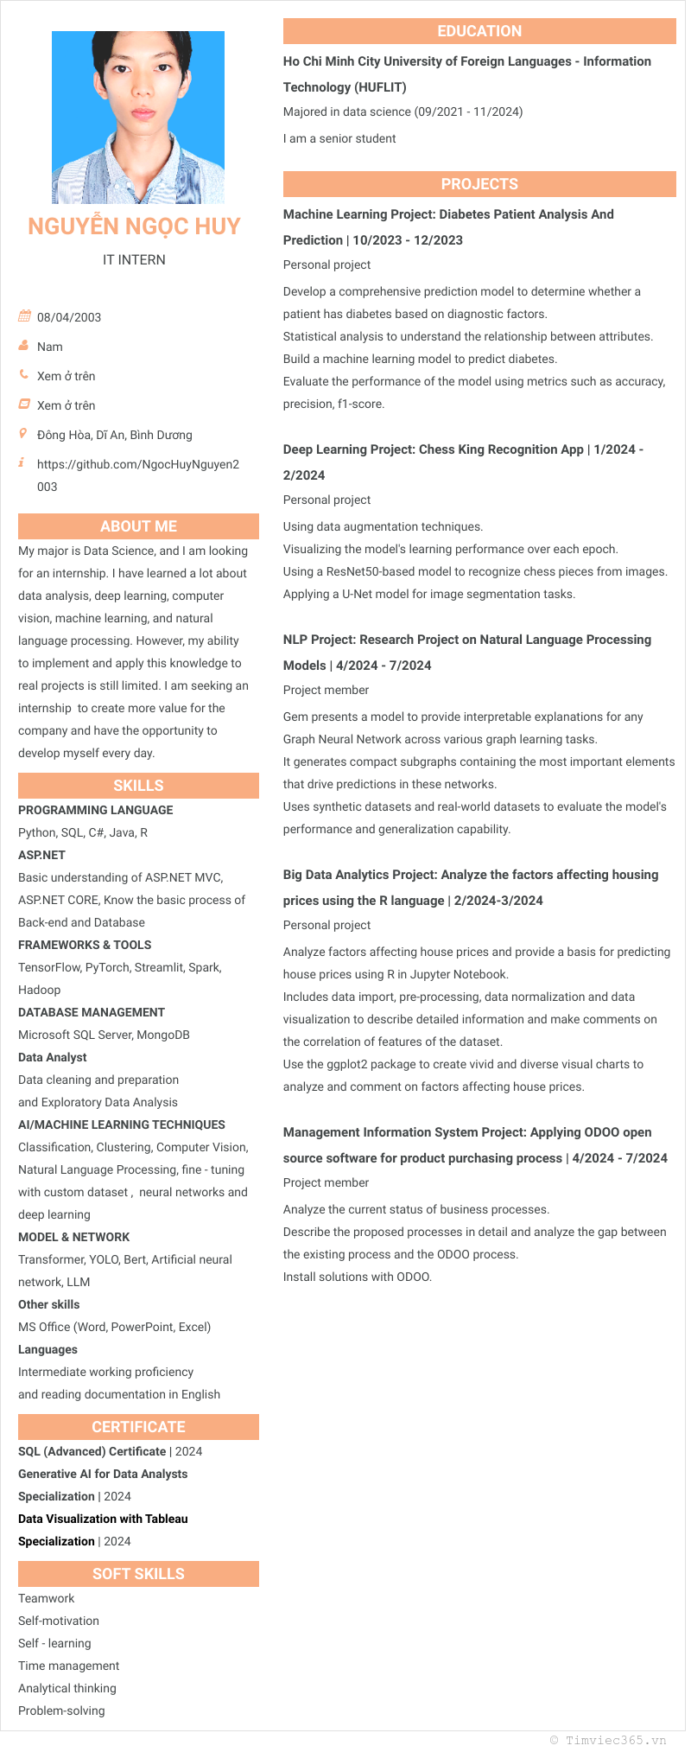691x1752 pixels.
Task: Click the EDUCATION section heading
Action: [x=479, y=31]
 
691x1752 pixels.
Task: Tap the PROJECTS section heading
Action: [x=479, y=184]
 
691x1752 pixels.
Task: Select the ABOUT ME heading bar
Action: [x=138, y=526]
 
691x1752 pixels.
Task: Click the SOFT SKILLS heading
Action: [x=138, y=1574]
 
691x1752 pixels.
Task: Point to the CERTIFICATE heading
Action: [x=138, y=1427]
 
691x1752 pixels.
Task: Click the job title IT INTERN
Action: [x=134, y=259]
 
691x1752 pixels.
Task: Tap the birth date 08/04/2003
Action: [x=69, y=317]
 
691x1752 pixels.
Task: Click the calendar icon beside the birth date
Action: [x=24, y=316]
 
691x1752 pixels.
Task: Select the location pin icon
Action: [x=23, y=434]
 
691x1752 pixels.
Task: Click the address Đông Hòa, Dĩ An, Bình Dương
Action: [x=115, y=435]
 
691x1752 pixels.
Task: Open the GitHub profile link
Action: [x=137, y=464]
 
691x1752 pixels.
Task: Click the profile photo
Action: [x=138, y=118]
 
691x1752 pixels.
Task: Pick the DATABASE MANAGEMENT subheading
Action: [x=92, y=1012]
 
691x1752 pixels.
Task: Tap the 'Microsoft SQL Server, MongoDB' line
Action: [x=104, y=1035]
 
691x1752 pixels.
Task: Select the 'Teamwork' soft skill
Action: [x=47, y=1598]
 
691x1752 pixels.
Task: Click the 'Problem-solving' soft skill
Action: [x=61, y=1711]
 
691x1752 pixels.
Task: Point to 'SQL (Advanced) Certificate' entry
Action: [x=92, y=1451]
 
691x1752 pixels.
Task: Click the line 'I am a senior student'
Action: [x=339, y=138]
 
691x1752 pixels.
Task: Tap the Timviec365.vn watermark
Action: [x=608, y=1740]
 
